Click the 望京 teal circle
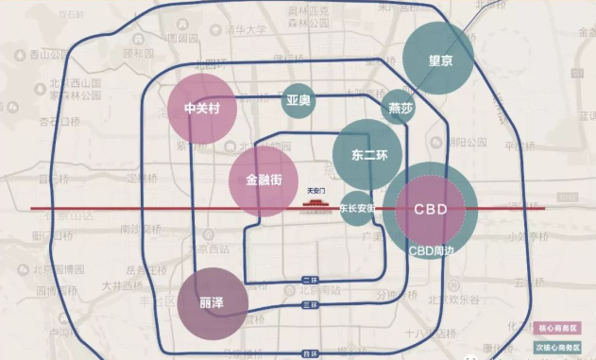pyautogui.click(x=439, y=59)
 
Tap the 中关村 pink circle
pyautogui.click(x=201, y=109)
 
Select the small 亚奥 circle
pyautogui.click(x=298, y=99)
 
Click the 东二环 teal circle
pyautogui.click(x=366, y=154)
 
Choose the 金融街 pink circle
pyautogui.click(x=263, y=180)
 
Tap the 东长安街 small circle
pyautogui.click(x=361, y=208)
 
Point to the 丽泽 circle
pyautogui.click(x=213, y=303)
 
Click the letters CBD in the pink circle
pyautogui.click(x=430, y=209)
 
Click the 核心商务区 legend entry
pyautogui.click(x=557, y=329)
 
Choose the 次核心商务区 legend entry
pyautogui.click(x=557, y=346)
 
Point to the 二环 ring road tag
pyautogui.click(x=311, y=280)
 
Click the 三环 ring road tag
pyautogui.click(x=311, y=306)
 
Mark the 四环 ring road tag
pyautogui.click(x=311, y=353)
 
